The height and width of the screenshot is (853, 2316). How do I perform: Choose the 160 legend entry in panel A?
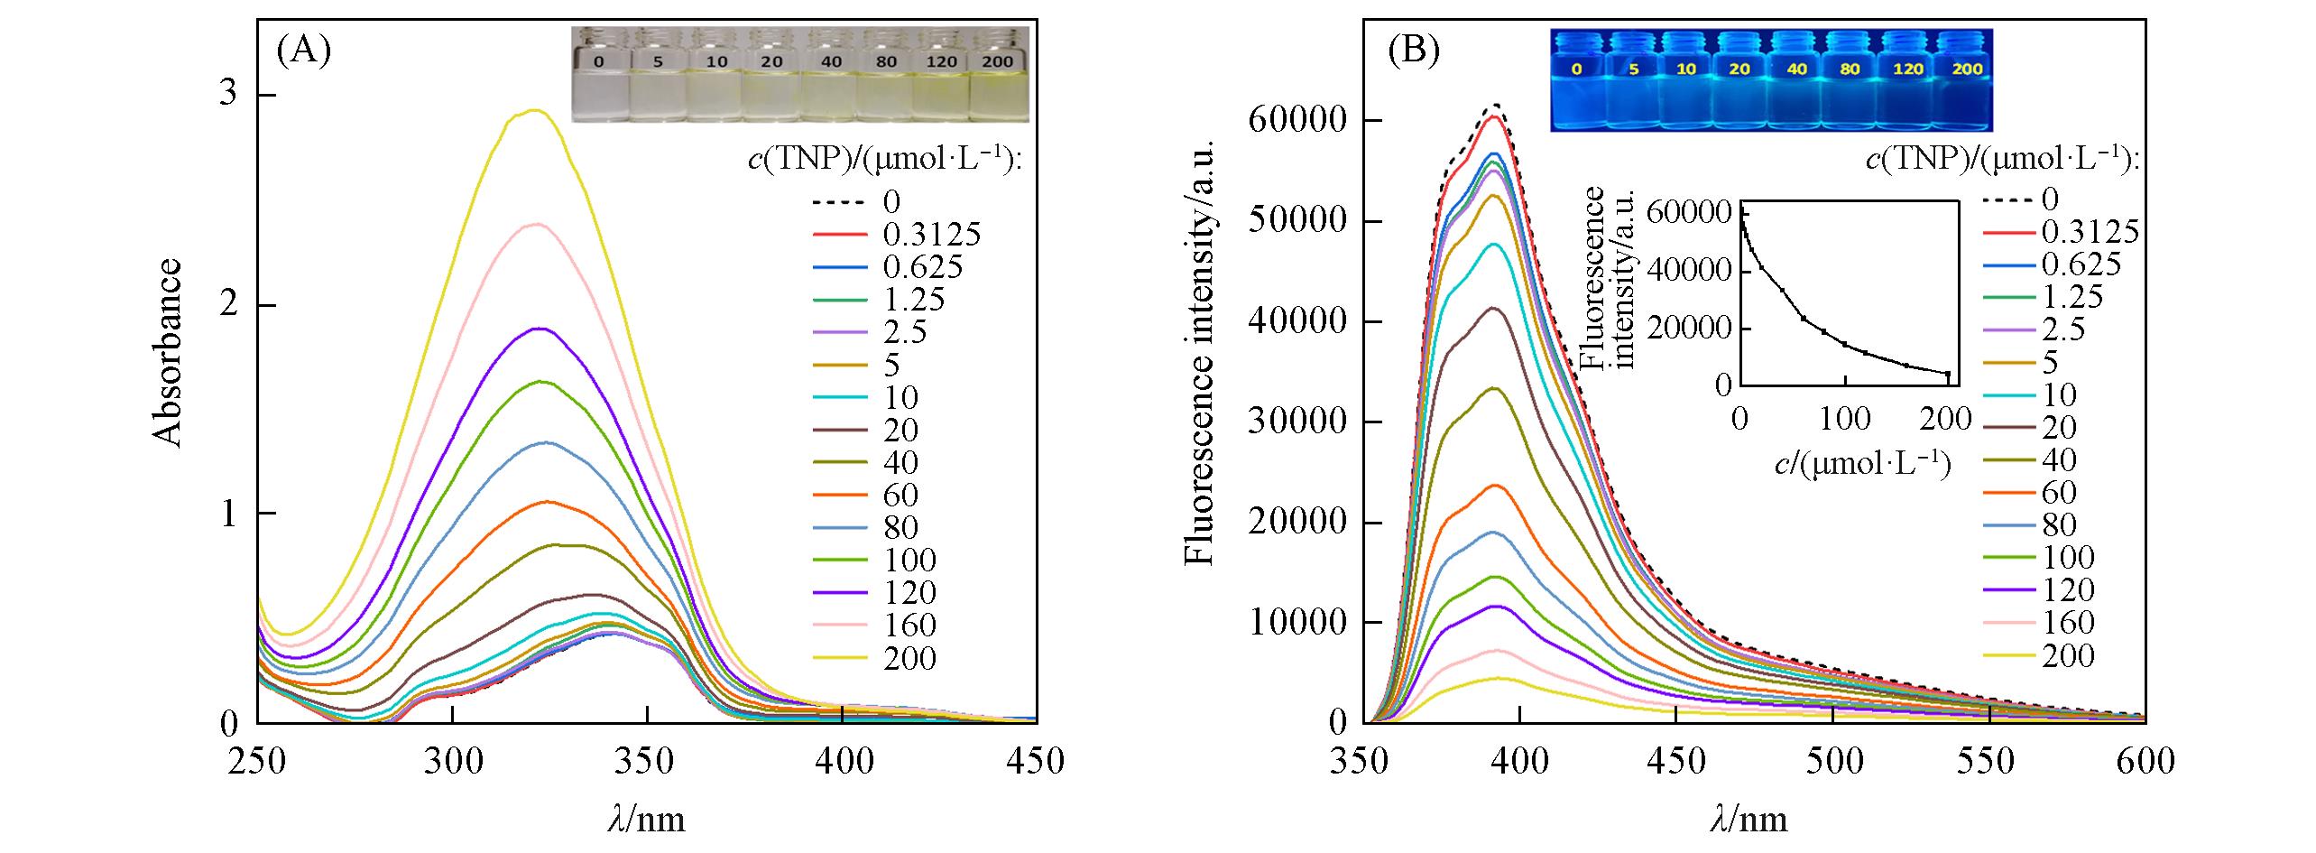(909, 625)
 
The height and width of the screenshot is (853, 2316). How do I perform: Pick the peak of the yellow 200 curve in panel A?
(534, 111)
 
